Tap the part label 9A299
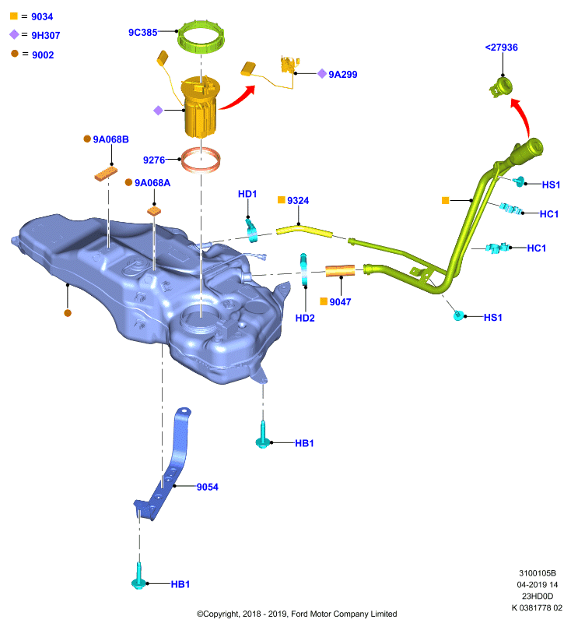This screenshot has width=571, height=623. (x=343, y=74)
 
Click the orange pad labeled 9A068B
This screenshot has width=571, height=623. (x=106, y=174)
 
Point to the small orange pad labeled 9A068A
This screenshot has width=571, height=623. (x=154, y=210)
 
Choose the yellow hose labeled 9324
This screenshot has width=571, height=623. (x=304, y=231)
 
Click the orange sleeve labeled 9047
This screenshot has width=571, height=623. (x=340, y=270)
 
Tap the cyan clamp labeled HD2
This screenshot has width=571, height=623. (x=304, y=269)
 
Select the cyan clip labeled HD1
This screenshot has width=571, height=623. (x=251, y=230)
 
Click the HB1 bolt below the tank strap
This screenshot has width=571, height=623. (x=138, y=576)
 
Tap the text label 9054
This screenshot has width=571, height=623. (x=207, y=487)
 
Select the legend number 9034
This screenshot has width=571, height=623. (x=42, y=16)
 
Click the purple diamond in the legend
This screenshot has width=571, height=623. (x=14, y=34)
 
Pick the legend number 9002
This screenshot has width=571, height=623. (x=43, y=55)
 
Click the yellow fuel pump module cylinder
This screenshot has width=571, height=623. (x=200, y=107)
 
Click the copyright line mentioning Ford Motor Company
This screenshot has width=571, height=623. (x=297, y=614)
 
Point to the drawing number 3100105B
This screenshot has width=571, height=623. (x=538, y=573)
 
